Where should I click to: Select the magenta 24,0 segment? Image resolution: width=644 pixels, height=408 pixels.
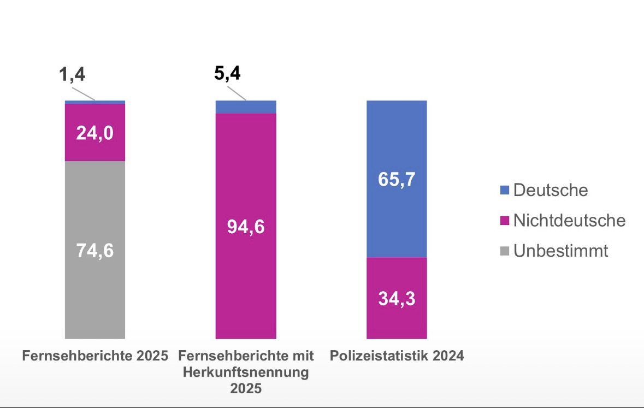(95, 133)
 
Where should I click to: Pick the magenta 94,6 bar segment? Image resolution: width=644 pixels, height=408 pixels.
(246, 226)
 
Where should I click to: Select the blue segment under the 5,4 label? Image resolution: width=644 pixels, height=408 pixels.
(246, 107)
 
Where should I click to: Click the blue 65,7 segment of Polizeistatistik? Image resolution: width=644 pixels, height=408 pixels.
(396, 179)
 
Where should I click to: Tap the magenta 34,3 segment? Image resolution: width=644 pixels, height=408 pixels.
(396, 298)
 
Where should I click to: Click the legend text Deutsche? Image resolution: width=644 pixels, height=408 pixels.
(551, 190)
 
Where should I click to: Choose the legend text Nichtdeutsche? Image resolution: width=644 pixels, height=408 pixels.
(569, 221)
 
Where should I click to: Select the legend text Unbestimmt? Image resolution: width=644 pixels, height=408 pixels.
(560, 251)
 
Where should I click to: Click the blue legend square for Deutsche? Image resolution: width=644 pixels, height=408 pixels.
(505, 191)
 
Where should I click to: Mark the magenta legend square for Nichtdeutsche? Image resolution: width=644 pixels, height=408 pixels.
(505, 221)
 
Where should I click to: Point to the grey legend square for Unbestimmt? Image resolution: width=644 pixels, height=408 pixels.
(505, 252)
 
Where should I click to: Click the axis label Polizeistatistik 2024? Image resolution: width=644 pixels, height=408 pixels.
(397, 356)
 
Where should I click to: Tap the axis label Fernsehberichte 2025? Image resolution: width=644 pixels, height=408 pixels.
(95, 356)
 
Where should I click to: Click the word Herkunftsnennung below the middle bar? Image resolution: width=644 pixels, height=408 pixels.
(246, 372)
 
